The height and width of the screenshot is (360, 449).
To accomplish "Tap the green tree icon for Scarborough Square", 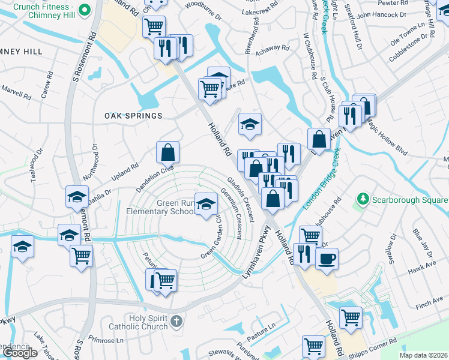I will click(x=362, y=199).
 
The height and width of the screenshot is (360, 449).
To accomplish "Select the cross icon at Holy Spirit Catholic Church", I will click(x=176, y=322).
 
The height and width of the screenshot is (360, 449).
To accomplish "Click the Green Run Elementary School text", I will click(x=160, y=207).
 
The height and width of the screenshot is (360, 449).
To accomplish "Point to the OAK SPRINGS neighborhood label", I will click(x=133, y=116).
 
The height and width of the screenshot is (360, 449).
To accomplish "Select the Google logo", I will click(x=19, y=353).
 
